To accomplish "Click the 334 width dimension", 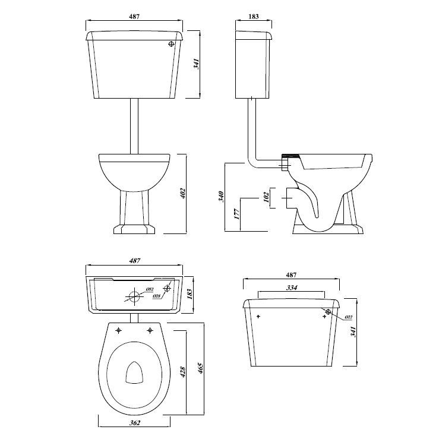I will point(292,288).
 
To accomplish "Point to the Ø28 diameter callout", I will point(156,296).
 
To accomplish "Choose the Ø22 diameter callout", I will point(348,318).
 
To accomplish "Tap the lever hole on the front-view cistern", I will point(172,43).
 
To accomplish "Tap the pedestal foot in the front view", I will point(134,229).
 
